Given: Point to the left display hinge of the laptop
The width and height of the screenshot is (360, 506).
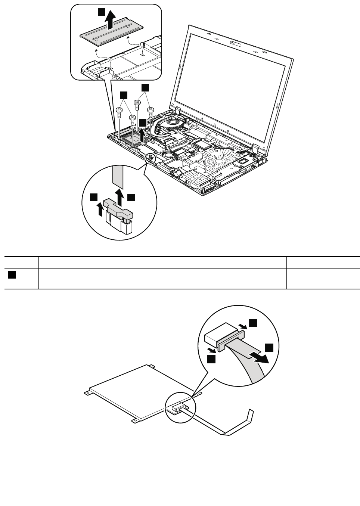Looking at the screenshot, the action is coord(176,109).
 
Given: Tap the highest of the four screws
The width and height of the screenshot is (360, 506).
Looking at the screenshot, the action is coord(137,102).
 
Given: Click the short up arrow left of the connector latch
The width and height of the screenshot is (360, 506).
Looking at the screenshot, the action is coord(100,209).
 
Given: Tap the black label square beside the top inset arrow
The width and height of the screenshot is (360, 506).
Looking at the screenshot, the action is coord(101,12).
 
